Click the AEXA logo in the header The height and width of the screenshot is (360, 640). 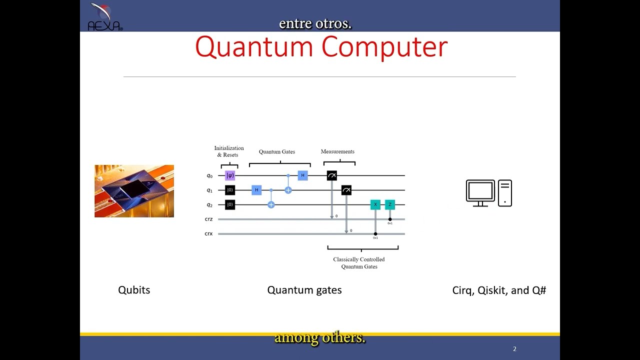click(104, 17)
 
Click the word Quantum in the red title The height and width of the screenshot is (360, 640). click(254, 47)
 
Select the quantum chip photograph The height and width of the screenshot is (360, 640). click(134, 191)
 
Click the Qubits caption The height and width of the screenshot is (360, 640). click(134, 290)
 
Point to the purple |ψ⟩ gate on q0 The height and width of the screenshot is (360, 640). click(229, 175)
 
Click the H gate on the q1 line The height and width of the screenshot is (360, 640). click(256, 190)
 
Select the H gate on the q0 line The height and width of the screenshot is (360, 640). click(302, 175)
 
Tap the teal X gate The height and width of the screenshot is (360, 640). click(375, 204)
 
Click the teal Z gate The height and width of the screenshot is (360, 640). click(390, 204)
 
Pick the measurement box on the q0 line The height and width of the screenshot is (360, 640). click(331, 175)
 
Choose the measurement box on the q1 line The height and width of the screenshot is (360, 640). click(346, 190)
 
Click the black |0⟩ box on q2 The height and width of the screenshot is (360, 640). click(229, 204)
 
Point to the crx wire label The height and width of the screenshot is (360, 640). click(208, 233)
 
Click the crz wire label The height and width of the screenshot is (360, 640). click(208, 219)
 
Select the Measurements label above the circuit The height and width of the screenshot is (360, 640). click(337, 151)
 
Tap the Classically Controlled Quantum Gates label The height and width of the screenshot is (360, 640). click(359, 263)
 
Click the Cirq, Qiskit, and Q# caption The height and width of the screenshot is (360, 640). click(499, 290)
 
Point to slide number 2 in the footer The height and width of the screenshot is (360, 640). click(514, 349)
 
